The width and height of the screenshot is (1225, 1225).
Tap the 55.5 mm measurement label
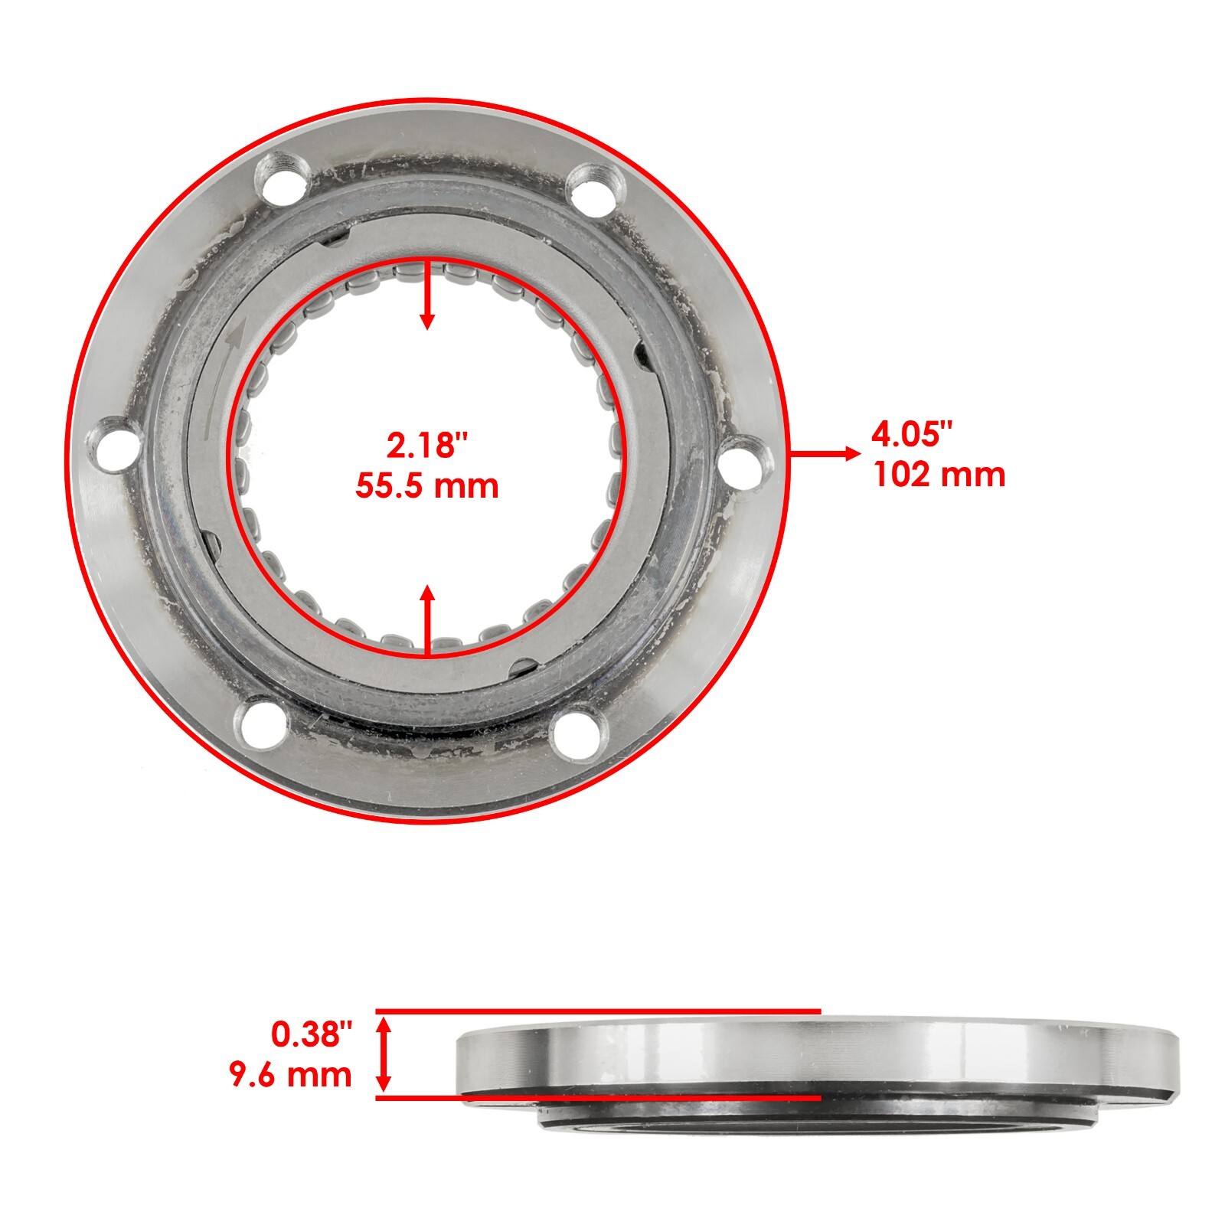(x=427, y=486)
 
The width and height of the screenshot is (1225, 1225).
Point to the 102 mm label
(x=939, y=475)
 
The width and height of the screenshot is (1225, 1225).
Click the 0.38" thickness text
(x=312, y=1034)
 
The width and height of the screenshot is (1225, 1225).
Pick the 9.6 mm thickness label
(x=291, y=1075)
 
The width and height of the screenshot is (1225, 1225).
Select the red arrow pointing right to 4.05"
(x=824, y=454)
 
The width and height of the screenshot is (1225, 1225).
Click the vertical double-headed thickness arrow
(x=384, y=1054)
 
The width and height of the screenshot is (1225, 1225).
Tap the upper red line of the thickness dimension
(x=597, y=1011)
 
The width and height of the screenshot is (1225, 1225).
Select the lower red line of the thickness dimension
(x=597, y=1098)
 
